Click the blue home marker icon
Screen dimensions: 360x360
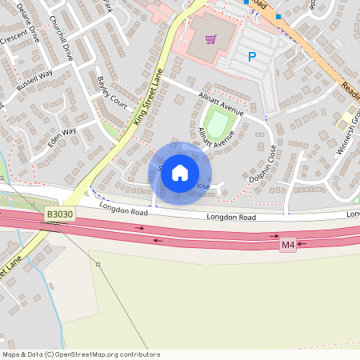[x=180, y=173]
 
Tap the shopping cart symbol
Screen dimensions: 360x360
[x=211, y=38]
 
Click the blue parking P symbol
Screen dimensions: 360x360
[x=252, y=57]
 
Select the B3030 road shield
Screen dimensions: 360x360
[x=59, y=214]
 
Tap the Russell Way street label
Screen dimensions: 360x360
[x=34, y=80]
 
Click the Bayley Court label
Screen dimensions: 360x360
[x=112, y=94]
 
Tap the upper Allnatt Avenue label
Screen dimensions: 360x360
[x=220, y=102]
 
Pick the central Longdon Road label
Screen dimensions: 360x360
[x=231, y=217]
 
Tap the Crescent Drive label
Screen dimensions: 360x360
[x=14, y=41]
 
